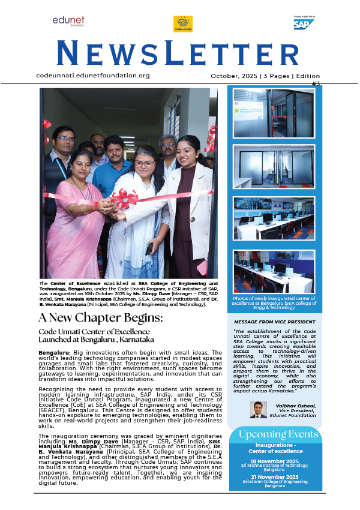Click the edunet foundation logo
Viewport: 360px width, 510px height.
pyautogui.click(x=68, y=22)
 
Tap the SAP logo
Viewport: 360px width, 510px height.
pyautogui.click(x=304, y=24)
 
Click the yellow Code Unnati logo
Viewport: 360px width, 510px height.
pyautogui.click(x=182, y=24)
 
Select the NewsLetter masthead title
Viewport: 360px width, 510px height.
pyautogui.click(x=179, y=53)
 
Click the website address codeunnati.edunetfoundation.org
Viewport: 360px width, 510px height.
pyautogui.click(x=93, y=76)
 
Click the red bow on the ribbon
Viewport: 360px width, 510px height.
pyautogui.click(x=124, y=198)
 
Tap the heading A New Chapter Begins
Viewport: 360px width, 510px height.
pyautogui.click(x=100, y=317)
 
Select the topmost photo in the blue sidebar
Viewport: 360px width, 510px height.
pyautogui.click(x=274, y=113)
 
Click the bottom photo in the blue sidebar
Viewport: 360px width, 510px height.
pyautogui.click(x=274, y=272)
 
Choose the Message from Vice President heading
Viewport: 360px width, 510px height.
pyautogui.click(x=274, y=322)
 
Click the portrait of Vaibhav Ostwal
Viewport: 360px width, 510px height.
pyautogui.click(x=258, y=410)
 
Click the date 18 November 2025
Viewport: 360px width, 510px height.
pyautogui.click(x=274, y=460)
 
